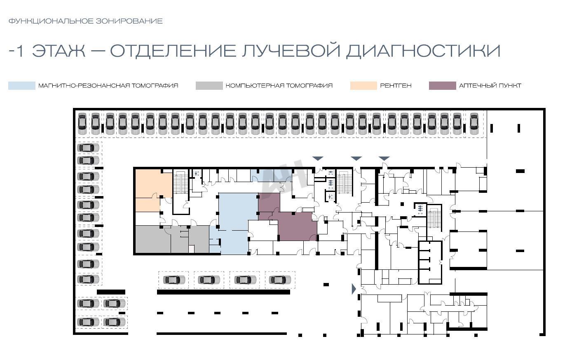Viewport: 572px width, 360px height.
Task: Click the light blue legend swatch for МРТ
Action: pyautogui.click(x=22, y=86)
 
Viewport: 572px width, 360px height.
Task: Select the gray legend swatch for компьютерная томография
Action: pyautogui.click(x=209, y=86)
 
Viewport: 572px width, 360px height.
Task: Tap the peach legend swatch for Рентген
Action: pyautogui.click(x=363, y=86)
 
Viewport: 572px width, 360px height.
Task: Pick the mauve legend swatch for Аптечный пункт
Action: pyautogui.click(x=442, y=86)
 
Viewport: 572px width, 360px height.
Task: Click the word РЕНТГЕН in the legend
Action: pyautogui.click(x=396, y=86)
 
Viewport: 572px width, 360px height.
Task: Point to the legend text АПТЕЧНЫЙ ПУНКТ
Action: pyautogui.click(x=490, y=86)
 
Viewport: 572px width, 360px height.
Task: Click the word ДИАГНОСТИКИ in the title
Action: pyautogui.click(x=423, y=51)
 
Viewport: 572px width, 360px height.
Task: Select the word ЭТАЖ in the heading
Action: pyautogui.click(x=59, y=50)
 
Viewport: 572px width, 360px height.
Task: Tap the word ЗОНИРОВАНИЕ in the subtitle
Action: pyautogui.click(x=129, y=21)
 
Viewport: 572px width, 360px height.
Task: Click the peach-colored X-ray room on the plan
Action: pyautogui.click(x=153, y=183)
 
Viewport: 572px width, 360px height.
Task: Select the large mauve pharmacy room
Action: pyautogui.click(x=297, y=227)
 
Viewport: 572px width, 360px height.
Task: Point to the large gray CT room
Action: pyautogui.click(x=153, y=239)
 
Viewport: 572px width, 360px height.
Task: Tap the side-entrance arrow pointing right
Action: pyautogui.click(x=354, y=289)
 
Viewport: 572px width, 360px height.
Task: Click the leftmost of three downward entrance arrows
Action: pyautogui.click(x=318, y=159)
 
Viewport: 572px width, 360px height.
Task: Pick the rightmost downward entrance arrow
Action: pyautogui.click(x=384, y=159)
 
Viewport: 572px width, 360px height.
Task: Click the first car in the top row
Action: pyautogui.click(x=82, y=124)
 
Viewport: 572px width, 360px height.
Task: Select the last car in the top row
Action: pyautogui.click(x=474, y=124)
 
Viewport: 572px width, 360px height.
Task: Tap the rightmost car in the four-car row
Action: pyautogui.click(x=280, y=280)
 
